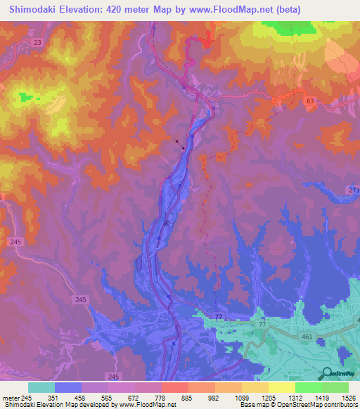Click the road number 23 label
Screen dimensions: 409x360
click(x=37, y=43)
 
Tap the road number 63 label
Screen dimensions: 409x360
click(x=310, y=102)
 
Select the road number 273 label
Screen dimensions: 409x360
click(x=354, y=190)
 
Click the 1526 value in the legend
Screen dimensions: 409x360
click(x=347, y=397)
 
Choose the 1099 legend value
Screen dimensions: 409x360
click(x=241, y=397)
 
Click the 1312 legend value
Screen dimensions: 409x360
click(x=295, y=397)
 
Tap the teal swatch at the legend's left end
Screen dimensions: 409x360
click(x=41, y=387)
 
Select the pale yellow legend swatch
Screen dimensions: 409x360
click(x=282, y=387)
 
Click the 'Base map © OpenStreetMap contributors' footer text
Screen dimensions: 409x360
click(x=298, y=405)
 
